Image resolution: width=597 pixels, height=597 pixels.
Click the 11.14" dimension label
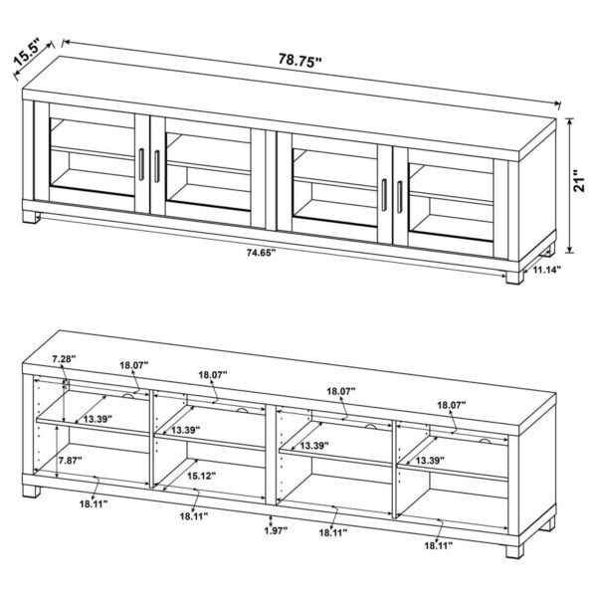546,270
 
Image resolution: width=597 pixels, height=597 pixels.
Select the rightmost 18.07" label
454,405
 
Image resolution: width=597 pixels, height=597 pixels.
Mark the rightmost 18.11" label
436,545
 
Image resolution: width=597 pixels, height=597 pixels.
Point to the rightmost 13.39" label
429,461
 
